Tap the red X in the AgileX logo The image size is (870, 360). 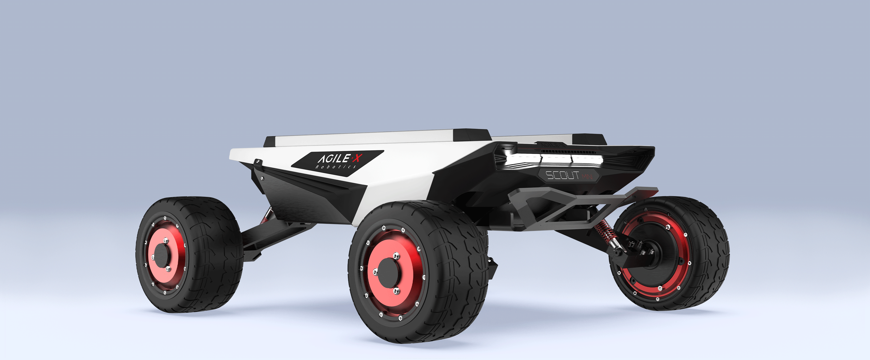pos(357,158)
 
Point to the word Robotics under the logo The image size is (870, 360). pos(336,167)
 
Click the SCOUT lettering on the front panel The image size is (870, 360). pos(562,175)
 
